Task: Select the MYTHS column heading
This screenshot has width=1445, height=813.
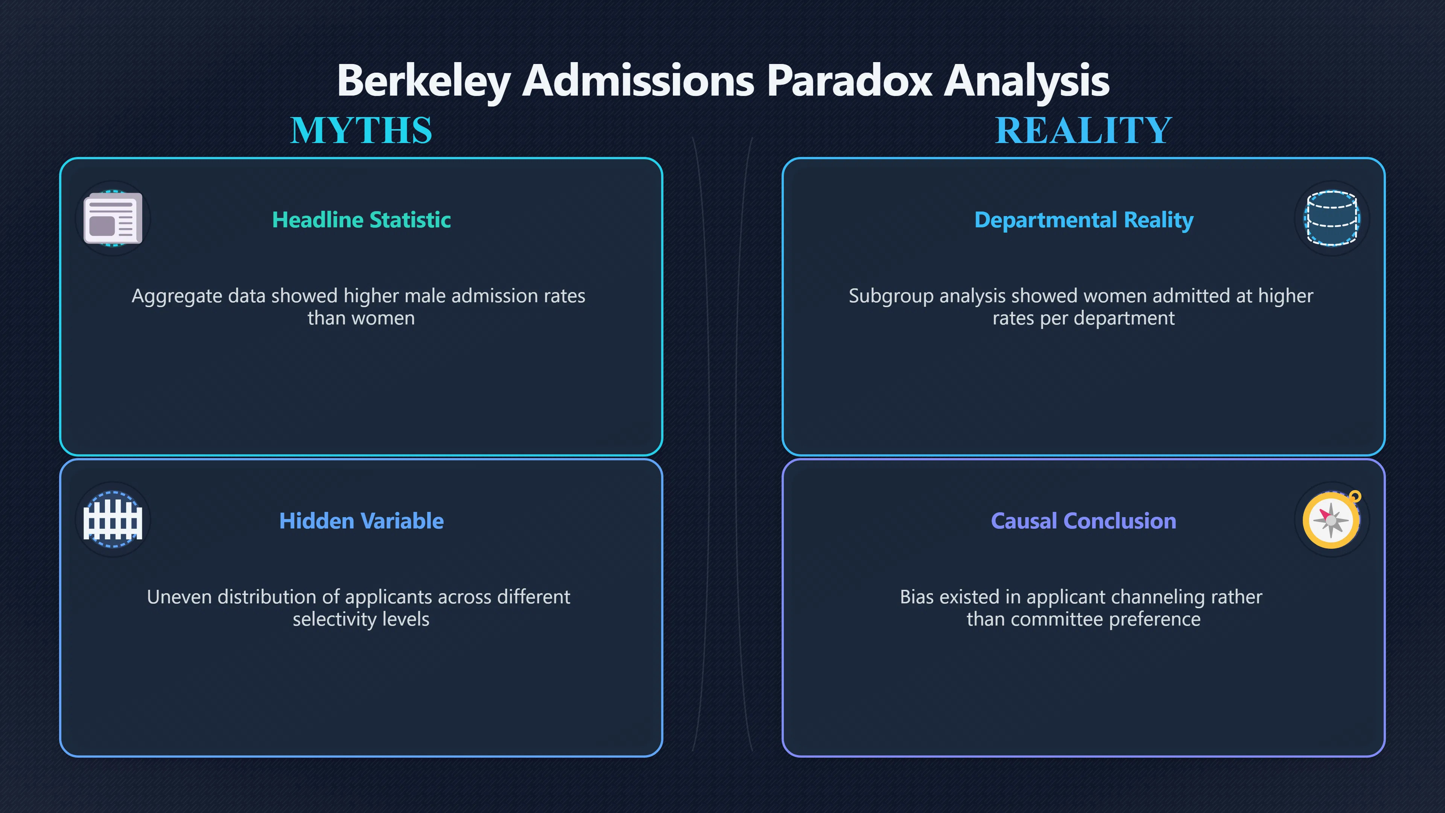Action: [x=361, y=130]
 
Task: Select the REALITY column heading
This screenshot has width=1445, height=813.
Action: [x=1083, y=130]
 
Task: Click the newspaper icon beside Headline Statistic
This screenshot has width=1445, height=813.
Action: [x=113, y=218]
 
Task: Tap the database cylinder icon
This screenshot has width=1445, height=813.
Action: [x=1332, y=218]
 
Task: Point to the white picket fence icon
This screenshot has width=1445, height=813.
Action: [x=113, y=519]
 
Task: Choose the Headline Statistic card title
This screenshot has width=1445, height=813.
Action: [x=361, y=220]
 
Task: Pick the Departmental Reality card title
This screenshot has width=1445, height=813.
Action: [x=1084, y=220]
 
